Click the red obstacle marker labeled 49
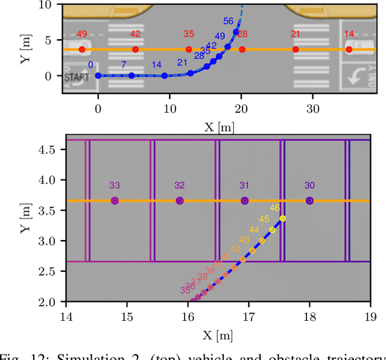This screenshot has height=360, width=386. click(82, 49)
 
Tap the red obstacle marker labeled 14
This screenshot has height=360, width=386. click(349, 49)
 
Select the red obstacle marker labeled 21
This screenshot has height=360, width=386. click(296, 49)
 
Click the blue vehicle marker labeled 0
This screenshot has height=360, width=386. click(98, 75)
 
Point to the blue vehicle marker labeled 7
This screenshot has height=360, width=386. click(131, 75)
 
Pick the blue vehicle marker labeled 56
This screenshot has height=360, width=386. click(236, 31)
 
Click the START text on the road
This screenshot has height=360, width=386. click(76, 77)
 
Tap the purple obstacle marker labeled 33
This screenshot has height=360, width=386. click(115, 201)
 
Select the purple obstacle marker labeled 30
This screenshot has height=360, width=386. click(309, 201)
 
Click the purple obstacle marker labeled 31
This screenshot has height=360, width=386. click(244, 201)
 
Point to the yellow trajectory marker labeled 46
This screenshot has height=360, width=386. click(282, 218)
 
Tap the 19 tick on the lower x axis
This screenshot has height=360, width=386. click(370, 315)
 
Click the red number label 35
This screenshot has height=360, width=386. click(189, 34)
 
